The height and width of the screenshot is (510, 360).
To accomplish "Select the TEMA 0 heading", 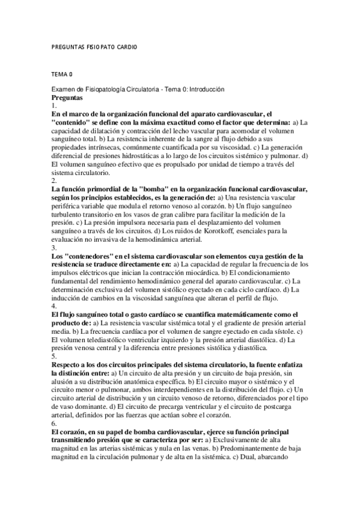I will [62, 75].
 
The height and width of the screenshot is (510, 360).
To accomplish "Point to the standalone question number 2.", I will [54, 180].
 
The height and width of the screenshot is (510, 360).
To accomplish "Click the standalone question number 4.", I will [54, 306].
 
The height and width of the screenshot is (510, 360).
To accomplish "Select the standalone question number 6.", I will [54, 423].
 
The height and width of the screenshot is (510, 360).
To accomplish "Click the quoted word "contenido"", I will [75, 122].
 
